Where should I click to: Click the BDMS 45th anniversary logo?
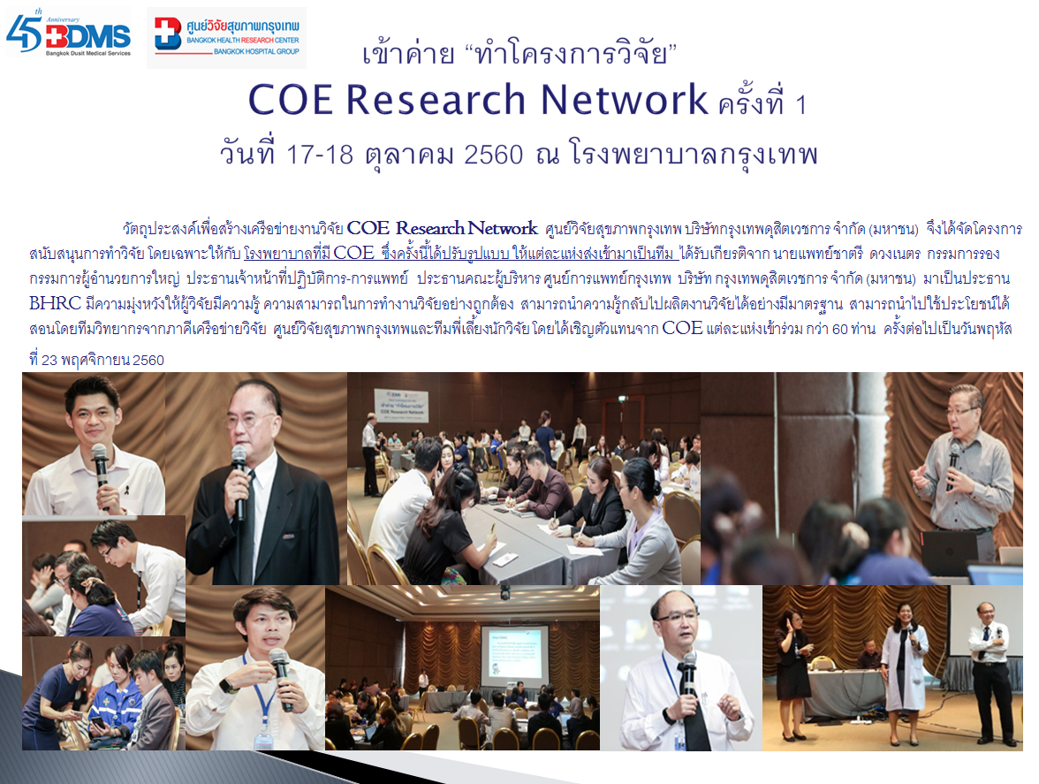68,33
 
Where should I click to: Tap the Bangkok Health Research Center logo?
226,37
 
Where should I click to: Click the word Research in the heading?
436,100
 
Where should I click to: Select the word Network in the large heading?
624,100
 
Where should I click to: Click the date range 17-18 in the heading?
320,155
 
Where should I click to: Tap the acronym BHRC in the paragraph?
55,303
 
